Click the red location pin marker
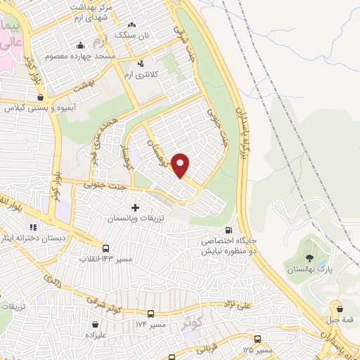pos(181,165)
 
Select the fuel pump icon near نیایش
pos(228,231)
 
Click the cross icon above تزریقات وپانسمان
pos(134,208)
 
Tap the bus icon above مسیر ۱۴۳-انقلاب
pos(106,248)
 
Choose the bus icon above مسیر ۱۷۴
pos(150,314)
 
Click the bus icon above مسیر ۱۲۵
pos(257,338)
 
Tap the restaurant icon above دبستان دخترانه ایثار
pos(33,226)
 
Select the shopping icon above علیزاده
pos(95,325)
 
